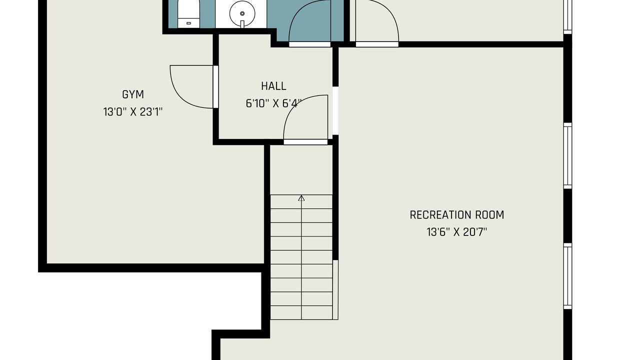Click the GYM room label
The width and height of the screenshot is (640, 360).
tap(133, 94)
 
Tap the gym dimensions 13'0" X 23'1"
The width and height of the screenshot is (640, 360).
tap(133, 112)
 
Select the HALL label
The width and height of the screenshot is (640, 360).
tap(273, 86)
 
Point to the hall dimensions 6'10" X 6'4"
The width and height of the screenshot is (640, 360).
tap(273, 103)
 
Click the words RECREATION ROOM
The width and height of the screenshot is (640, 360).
tap(457, 215)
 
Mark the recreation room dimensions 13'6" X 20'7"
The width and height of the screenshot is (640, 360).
tap(457, 232)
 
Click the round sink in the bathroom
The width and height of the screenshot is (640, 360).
tap(242, 13)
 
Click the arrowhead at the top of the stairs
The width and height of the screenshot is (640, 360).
tap(301, 197)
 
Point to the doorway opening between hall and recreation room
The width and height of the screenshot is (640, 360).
tap(335, 110)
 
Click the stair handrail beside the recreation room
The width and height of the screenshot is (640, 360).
tap(335, 289)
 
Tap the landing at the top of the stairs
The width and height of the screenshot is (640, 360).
tap(301, 170)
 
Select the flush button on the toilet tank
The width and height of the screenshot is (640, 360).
tap(188, 23)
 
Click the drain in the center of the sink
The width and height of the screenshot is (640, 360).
tap(242, 13)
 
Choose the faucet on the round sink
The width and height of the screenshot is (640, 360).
tap(242, 24)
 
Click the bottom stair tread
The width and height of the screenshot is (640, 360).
tap(301, 312)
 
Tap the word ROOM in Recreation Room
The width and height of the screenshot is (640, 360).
tap(489, 215)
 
